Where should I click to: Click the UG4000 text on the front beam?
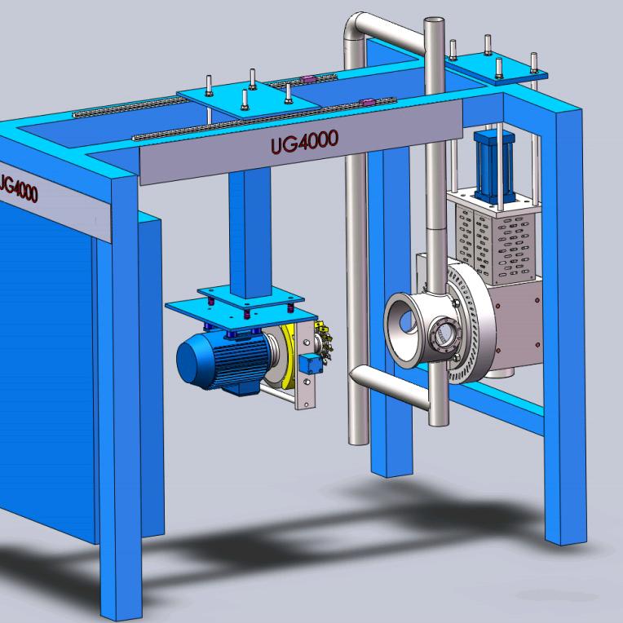[x=304, y=142]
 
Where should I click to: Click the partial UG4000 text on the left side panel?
[x=18, y=188]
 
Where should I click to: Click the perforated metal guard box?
[x=497, y=237]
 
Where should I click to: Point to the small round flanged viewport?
[x=440, y=335]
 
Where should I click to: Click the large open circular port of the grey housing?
[x=404, y=326]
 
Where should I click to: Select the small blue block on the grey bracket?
[x=311, y=365]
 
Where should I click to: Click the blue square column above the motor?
[x=250, y=233]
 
